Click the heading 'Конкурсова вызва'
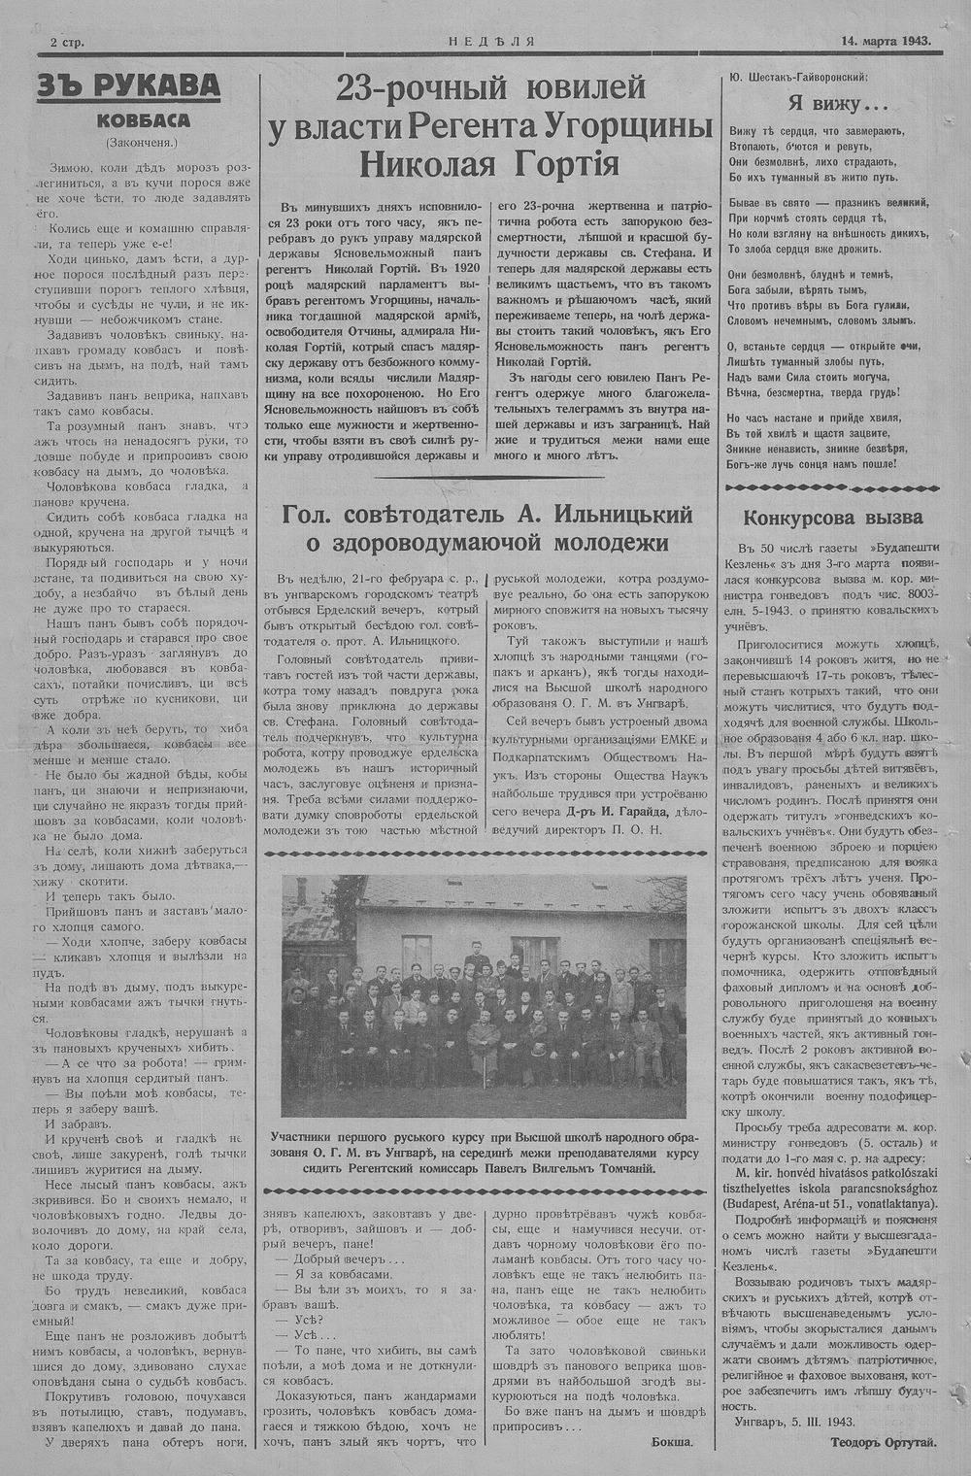pyautogui.click(x=832, y=517)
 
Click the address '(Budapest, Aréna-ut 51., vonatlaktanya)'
pyautogui.click(x=832, y=1201)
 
